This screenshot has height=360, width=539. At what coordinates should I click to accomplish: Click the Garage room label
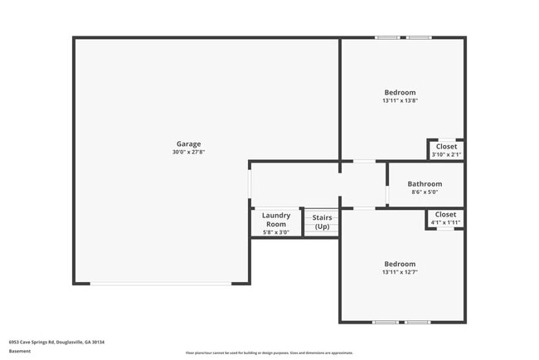coord(187,144)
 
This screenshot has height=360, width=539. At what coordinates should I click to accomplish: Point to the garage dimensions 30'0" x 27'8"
coord(187,153)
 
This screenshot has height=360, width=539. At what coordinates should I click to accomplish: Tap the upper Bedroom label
coord(400,92)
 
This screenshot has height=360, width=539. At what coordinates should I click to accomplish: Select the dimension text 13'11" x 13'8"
coord(400,101)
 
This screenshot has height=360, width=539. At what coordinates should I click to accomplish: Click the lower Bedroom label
coord(400,264)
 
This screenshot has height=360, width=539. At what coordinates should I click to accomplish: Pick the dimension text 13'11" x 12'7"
coord(400,273)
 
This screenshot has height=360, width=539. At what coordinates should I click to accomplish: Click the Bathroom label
coord(425,183)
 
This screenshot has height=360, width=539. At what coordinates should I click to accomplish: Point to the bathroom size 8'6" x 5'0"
coord(425,192)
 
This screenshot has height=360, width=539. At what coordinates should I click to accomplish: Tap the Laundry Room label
coord(276,220)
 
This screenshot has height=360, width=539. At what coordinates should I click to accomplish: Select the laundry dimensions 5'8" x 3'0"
coord(276,232)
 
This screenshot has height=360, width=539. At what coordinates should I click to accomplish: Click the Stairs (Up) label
coord(322,222)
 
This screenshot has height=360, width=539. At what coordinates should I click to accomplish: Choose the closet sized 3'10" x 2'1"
coord(446,150)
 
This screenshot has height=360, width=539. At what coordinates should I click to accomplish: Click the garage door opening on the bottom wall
coord(162,284)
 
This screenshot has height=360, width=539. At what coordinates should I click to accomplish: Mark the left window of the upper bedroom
coord(386,37)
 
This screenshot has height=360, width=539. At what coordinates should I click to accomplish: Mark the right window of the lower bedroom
coord(417,322)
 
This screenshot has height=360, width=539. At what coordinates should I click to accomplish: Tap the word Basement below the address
coord(20,351)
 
